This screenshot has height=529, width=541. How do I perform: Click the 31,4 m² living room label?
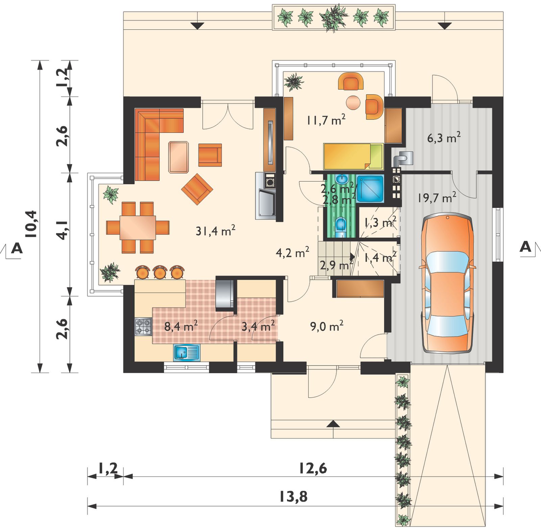click(x=215, y=231)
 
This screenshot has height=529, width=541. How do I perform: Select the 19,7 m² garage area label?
click(x=437, y=197)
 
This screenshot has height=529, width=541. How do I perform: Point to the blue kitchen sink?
click(x=187, y=353)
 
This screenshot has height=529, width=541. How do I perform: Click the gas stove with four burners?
click(x=143, y=327)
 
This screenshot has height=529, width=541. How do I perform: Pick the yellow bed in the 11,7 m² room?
click(x=353, y=156)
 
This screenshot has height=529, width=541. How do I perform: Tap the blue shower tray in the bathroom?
click(x=370, y=188)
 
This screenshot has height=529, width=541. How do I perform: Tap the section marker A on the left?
click(x=17, y=249)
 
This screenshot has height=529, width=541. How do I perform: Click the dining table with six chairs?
click(x=138, y=227)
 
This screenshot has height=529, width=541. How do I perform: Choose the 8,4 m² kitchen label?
click(x=181, y=326)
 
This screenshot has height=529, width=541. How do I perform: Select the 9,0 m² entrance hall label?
click(x=327, y=326)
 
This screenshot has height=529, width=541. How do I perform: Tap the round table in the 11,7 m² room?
click(x=354, y=102)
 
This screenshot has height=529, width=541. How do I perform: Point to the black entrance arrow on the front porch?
click(x=333, y=424)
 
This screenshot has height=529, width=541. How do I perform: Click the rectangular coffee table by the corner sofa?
click(x=179, y=157)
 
